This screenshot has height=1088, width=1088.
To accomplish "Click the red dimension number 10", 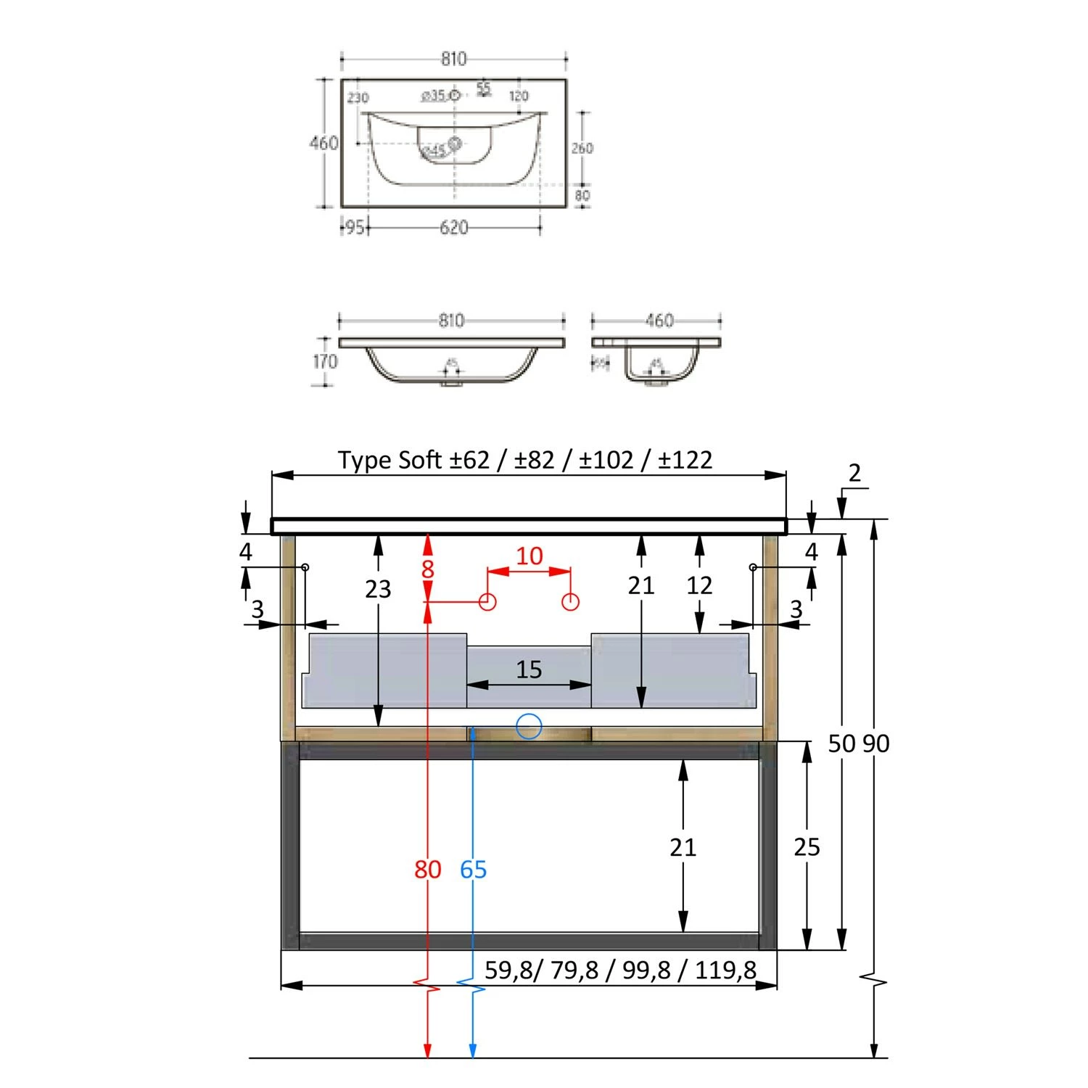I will pyautogui.click(x=529, y=556).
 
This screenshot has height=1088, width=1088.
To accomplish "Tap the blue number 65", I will pyautogui.click(x=473, y=869).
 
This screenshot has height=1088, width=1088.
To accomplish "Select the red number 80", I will pyautogui.click(x=427, y=869).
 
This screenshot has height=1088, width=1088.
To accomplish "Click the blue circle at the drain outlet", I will pyautogui.click(x=529, y=726).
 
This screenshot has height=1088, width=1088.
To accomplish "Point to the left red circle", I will pyautogui.click(x=487, y=601).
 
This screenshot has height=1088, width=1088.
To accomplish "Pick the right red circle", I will pyautogui.click(x=571, y=601).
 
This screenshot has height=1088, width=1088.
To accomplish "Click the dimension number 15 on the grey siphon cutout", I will pyautogui.click(x=529, y=669).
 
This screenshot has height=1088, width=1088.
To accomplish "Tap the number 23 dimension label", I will pyautogui.click(x=378, y=589).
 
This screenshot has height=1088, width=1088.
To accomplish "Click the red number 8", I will pyautogui.click(x=427, y=569).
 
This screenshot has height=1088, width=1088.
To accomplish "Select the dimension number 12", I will pyautogui.click(x=699, y=585).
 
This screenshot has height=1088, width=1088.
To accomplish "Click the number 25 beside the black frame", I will pyautogui.click(x=807, y=846).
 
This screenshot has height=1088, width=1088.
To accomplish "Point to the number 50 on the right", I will pyautogui.click(x=841, y=743).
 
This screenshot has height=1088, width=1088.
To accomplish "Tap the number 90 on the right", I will pyautogui.click(x=876, y=743).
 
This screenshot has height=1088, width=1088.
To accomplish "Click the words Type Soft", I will pyautogui.click(x=390, y=460).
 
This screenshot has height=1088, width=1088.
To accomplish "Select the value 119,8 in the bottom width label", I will pyautogui.click(x=725, y=970).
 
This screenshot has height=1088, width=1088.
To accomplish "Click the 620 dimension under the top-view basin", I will pyautogui.click(x=453, y=228).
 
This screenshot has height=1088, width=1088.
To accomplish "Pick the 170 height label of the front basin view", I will pyautogui.click(x=325, y=361).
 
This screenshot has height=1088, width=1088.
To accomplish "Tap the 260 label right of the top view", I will pyautogui.click(x=582, y=149).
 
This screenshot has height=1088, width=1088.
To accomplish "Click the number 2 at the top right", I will pyautogui.click(x=854, y=473).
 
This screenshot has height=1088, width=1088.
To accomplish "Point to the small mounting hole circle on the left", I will pyautogui.click(x=305, y=566).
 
